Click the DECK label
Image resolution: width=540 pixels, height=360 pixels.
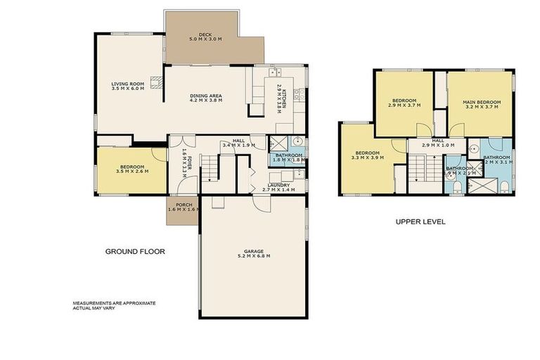click(x=205, y=36)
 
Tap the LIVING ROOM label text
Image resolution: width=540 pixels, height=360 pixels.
click(x=127, y=86)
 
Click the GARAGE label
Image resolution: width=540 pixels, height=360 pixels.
click(x=254, y=253)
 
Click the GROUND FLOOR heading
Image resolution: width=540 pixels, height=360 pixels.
click(x=134, y=251)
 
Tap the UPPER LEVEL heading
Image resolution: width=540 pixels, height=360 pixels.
click(x=420, y=221)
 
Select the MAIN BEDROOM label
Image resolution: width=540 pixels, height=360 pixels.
click(x=480, y=104)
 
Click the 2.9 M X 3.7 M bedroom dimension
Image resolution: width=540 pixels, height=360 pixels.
click(x=404, y=107)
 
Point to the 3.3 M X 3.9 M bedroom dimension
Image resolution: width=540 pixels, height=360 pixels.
click(x=367, y=158)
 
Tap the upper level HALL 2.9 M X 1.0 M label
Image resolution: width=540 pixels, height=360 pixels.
click(x=437, y=143)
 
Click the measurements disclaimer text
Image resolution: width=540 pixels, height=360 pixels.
click(x=114, y=305)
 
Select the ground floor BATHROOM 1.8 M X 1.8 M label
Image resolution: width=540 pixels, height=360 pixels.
click(x=288, y=157)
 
